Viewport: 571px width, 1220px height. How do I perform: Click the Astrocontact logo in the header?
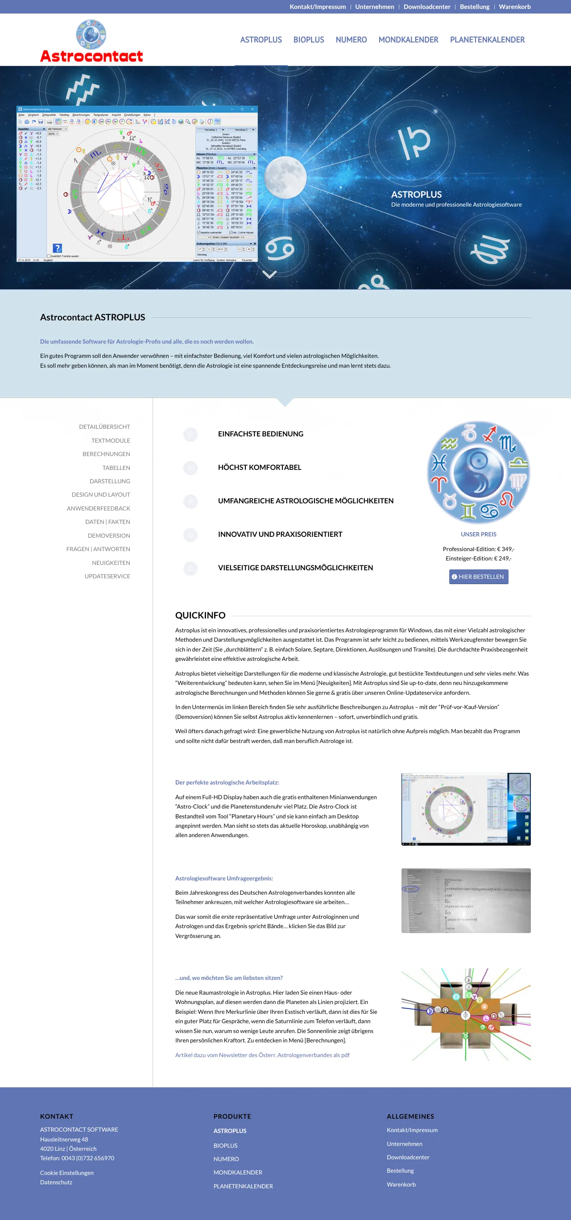click(x=91, y=41)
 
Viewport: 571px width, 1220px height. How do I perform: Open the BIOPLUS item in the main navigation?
click(x=308, y=40)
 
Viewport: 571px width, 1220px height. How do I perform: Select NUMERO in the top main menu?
click(x=351, y=40)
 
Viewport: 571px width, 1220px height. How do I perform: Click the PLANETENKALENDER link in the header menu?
click(x=487, y=40)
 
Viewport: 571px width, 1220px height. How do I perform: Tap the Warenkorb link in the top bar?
click(x=514, y=7)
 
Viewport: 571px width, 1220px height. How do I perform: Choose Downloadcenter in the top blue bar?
click(x=426, y=7)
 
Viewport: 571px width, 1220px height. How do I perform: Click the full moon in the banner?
click(x=285, y=177)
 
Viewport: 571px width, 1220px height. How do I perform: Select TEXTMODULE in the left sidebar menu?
click(x=110, y=440)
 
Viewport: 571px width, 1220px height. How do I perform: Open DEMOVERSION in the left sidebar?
click(x=108, y=535)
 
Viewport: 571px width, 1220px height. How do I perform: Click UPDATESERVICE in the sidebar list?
click(x=107, y=577)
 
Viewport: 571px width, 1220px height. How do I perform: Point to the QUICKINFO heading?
click(x=200, y=615)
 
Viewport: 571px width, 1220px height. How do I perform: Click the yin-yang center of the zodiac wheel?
click(x=478, y=472)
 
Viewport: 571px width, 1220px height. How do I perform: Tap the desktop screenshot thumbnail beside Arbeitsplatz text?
click(x=465, y=809)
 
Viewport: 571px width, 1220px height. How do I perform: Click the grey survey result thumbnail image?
click(x=465, y=900)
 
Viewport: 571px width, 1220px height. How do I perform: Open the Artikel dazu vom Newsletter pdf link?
click(x=262, y=1055)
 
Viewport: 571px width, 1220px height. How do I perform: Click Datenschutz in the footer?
click(x=56, y=1182)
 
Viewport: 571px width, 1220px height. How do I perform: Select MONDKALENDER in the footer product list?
click(x=238, y=1172)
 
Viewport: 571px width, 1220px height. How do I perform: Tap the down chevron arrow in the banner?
click(x=269, y=274)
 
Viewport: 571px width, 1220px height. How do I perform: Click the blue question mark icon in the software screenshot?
click(x=57, y=248)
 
